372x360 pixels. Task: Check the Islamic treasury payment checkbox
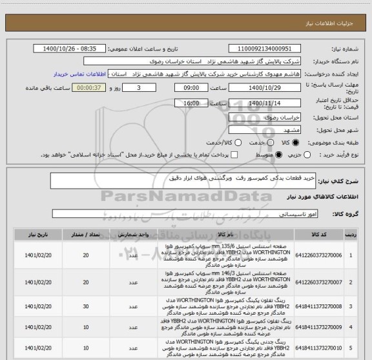coord(234,155)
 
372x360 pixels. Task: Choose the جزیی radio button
coord(315,155)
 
